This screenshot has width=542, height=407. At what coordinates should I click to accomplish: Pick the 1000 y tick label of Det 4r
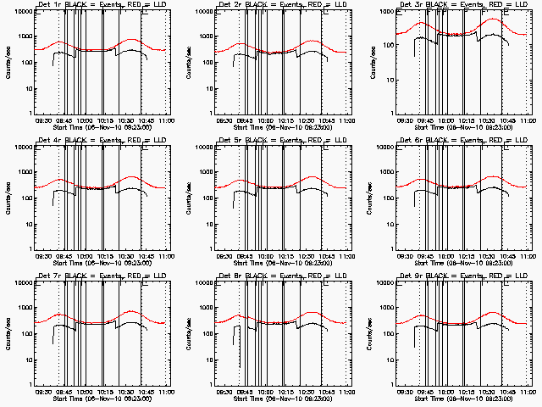[x=24, y=173]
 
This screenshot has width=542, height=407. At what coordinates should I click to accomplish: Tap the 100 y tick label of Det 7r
[x=25, y=334]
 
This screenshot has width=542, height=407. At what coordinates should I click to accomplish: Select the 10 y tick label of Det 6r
[x=388, y=224]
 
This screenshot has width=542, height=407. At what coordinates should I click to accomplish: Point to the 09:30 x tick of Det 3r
[x=405, y=121]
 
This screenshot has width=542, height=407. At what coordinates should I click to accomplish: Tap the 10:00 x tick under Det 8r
[x=263, y=391]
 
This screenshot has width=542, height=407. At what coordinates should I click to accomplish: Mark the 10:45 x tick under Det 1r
[x=147, y=121]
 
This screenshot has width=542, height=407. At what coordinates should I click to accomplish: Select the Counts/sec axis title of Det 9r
[x=368, y=332]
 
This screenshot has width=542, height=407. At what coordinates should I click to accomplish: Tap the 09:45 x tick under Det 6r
[x=424, y=256]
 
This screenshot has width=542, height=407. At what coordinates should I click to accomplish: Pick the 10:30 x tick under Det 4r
[x=125, y=256]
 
